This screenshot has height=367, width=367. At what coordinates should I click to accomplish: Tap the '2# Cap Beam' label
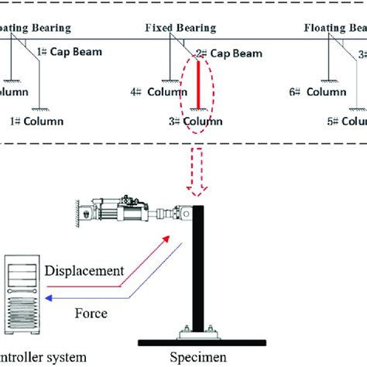(x=228, y=54)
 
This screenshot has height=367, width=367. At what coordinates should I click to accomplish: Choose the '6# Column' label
(x=317, y=91)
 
